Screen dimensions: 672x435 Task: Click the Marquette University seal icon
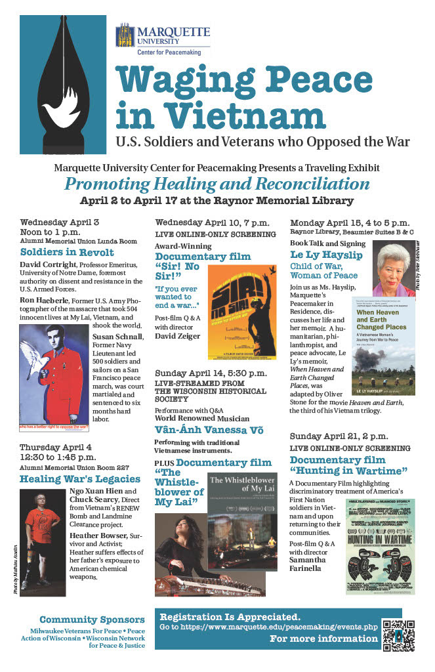125,36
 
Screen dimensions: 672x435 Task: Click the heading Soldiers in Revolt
67,252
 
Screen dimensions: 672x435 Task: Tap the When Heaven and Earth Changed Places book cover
386,348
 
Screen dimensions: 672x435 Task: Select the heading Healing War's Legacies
80,478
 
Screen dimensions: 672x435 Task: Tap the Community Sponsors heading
92,619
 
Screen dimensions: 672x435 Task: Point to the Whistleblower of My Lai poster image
243,505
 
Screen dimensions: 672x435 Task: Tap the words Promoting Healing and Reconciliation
217,183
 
